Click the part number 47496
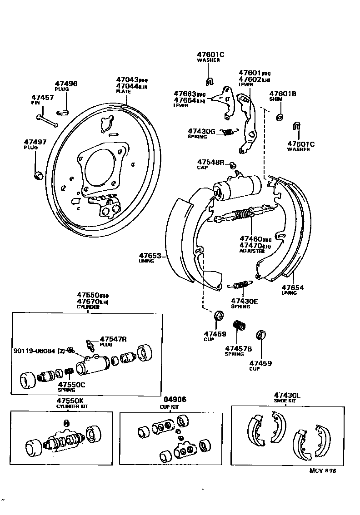click(x=66, y=84)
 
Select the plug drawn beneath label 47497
click(x=39, y=174)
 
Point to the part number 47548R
click(x=210, y=162)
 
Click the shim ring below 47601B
click(x=279, y=117)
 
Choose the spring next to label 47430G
click(x=228, y=132)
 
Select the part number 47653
click(x=150, y=256)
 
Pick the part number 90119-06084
click(x=34, y=350)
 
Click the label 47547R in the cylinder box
click(x=112, y=339)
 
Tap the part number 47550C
click(x=71, y=385)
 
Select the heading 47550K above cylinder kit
click(x=70, y=401)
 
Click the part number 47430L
click(x=287, y=395)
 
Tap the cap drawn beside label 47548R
click(x=231, y=164)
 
